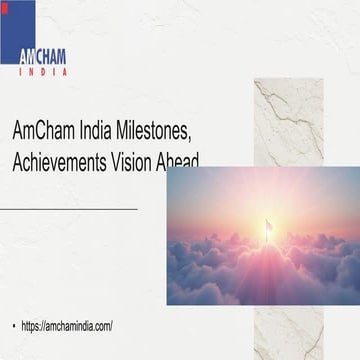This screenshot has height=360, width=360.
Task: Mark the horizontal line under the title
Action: [70, 208]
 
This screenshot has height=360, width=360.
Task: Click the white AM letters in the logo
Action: [26, 56]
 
